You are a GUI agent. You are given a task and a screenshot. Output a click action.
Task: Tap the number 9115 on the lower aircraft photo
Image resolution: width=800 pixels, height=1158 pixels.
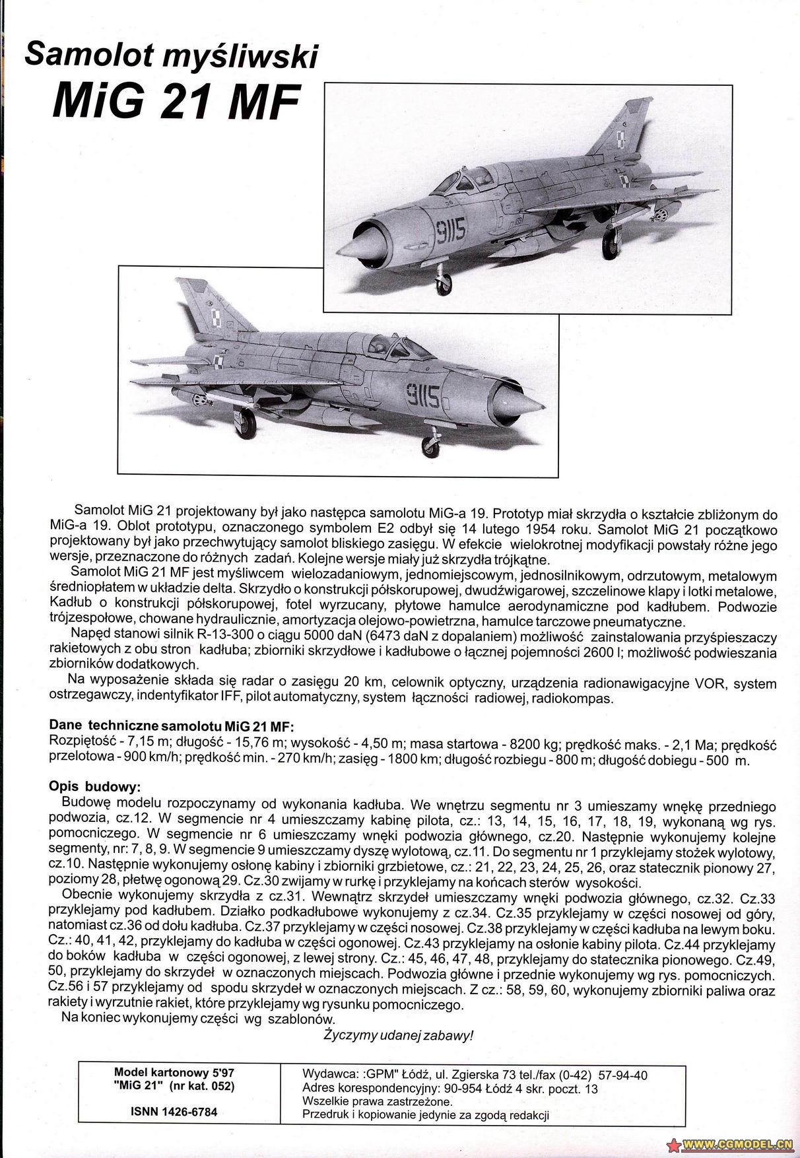pyautogui.click(x=422, y=396)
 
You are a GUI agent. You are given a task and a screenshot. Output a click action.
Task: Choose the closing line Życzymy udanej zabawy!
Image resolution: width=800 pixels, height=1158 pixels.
pyautogui.click(x=398, y=1035)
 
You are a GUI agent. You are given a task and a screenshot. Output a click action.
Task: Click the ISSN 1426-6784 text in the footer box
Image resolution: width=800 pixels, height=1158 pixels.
pyautogui.click(x=174, y=1112)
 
